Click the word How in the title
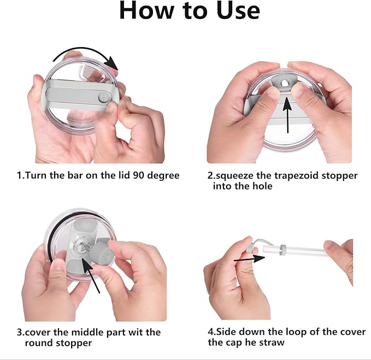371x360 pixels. click(x=146, y=10)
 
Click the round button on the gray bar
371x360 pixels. click(x=104, y=97)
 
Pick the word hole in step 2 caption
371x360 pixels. click(x=262, y=186)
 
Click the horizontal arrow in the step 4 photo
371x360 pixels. click(x=249, y=259)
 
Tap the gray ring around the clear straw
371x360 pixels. click(x=282, y=251)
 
